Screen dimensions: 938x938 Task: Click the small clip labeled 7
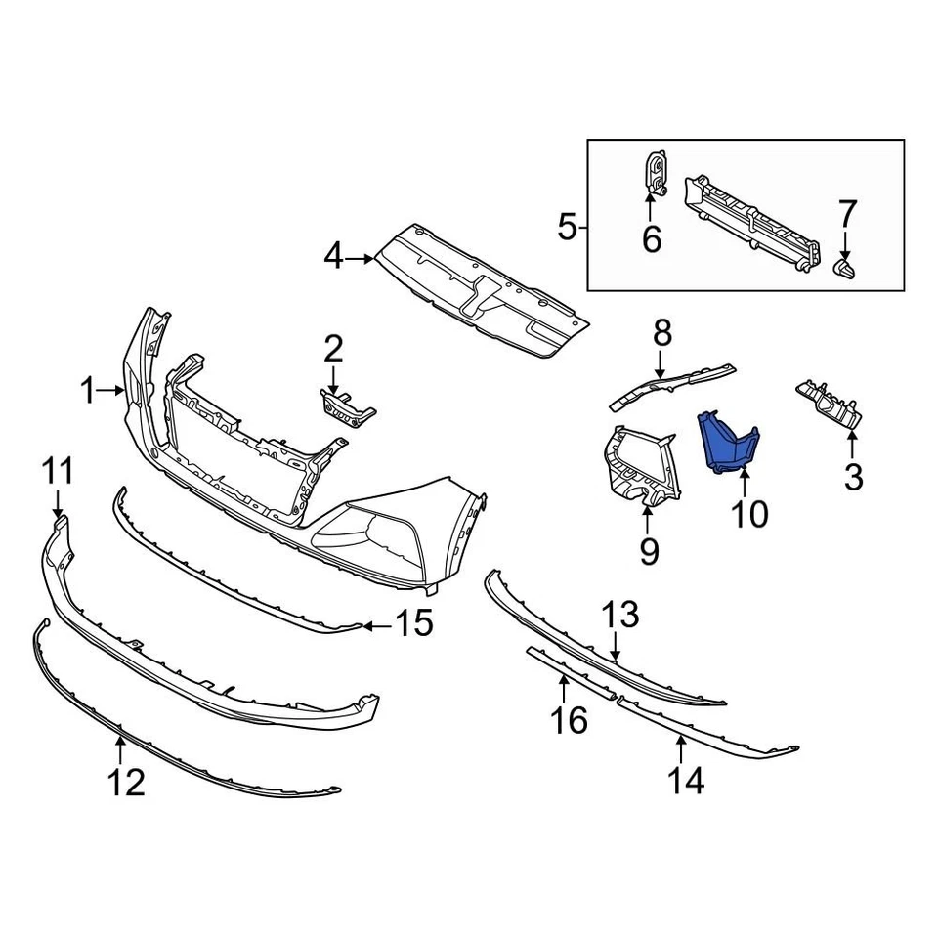pos(843,267)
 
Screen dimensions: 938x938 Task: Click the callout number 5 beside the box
pos(567,229)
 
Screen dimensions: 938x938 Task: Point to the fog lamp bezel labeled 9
pos(635,469)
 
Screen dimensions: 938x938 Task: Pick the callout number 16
pos(570,720)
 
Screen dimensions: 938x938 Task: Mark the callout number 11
pos(58,473)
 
